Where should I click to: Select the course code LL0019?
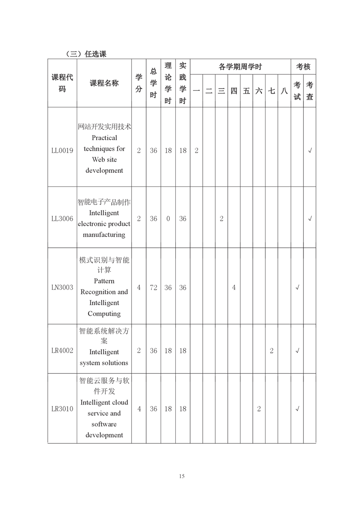coord(62,151)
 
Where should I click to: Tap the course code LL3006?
coord(62,219)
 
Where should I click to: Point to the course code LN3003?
coord(62,287)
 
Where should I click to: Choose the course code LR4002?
coord(62,350)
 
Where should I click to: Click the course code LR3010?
coord(62,409)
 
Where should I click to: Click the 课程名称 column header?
coord(104,83)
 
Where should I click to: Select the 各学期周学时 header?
coord(240,67)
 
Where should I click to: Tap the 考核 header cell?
coord(303,67)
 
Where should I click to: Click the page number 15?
coord(182,476)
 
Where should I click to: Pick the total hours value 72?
coord(153,287)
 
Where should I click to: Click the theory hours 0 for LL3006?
coord(168,219)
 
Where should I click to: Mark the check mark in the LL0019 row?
coord(310,151)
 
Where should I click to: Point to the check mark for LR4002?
coord(297,350)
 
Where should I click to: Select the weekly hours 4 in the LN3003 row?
coord(234,287)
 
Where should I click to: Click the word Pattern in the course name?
coord(104,281)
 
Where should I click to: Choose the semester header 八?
coord(284,91)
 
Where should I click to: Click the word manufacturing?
coord(104,235)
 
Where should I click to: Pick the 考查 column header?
coord(310,91)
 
